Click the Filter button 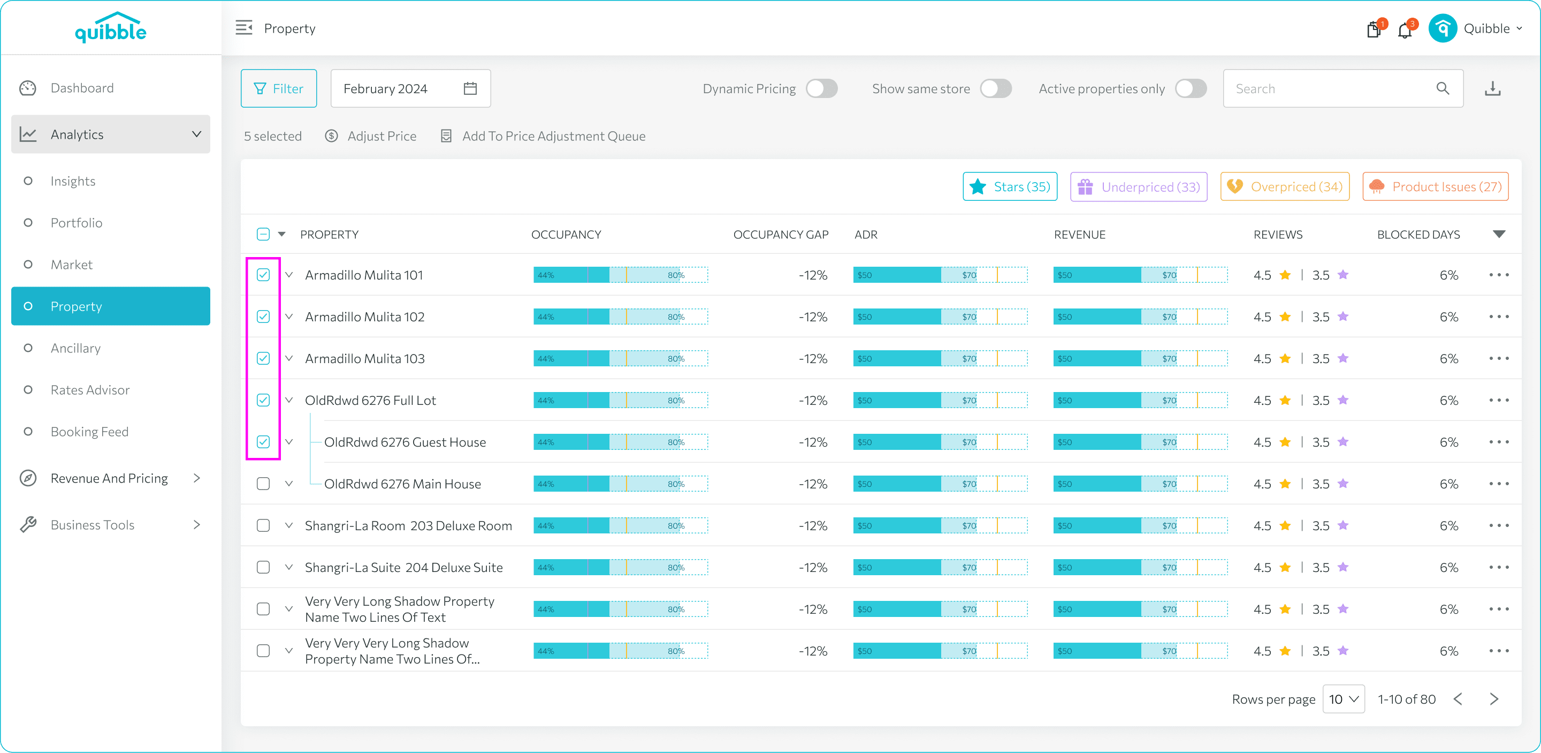[279, 88]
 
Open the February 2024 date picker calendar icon [470, 88]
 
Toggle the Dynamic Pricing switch [821, 88]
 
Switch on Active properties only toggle [1191, 88]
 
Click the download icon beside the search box [1492, 88]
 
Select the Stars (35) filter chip [1010, 187]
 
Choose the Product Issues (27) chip [1435, 187]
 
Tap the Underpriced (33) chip [1139, 187]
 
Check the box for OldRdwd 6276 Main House [263, 484]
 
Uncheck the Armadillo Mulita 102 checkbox [263, 317]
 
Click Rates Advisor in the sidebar [90, 390]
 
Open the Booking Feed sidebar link [89, 432]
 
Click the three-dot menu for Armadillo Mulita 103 [1499, 358]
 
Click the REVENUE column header [1079, 235]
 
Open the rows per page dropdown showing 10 [1344, 699]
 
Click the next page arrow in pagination [1494, 699]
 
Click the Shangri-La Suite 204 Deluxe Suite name [404, 568]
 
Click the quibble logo [111, 27]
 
